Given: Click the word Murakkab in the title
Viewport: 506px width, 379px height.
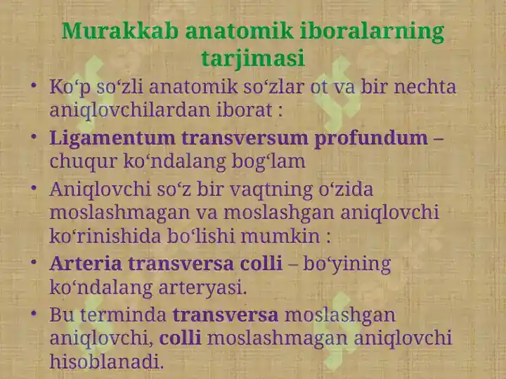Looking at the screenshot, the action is click(119, 32).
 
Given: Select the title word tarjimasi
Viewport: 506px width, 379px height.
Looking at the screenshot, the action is click(253, 58).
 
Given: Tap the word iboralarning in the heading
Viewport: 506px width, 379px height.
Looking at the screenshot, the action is click(372, 32).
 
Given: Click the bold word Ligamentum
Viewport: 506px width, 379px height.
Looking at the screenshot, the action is click(112, 138).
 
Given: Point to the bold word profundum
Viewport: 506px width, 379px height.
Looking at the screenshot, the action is click(371, 138).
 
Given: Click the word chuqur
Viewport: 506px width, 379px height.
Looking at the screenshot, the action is click(83, 161).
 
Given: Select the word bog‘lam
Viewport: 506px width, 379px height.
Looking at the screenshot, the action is click(268, 161).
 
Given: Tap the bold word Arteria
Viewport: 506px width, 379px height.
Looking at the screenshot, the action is click(86, 263).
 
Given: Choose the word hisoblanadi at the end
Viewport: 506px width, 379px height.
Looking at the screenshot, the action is click(107, 361).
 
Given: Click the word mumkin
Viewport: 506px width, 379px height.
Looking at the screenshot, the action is click(280, 236).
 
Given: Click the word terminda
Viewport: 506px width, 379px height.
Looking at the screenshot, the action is click(123, 315).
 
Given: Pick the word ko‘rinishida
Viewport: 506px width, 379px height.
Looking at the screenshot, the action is click(105, 236).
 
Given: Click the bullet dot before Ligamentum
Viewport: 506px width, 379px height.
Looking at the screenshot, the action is click(34, 137).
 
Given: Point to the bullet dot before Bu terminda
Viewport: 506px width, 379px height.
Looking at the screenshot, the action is click(34, 313).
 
